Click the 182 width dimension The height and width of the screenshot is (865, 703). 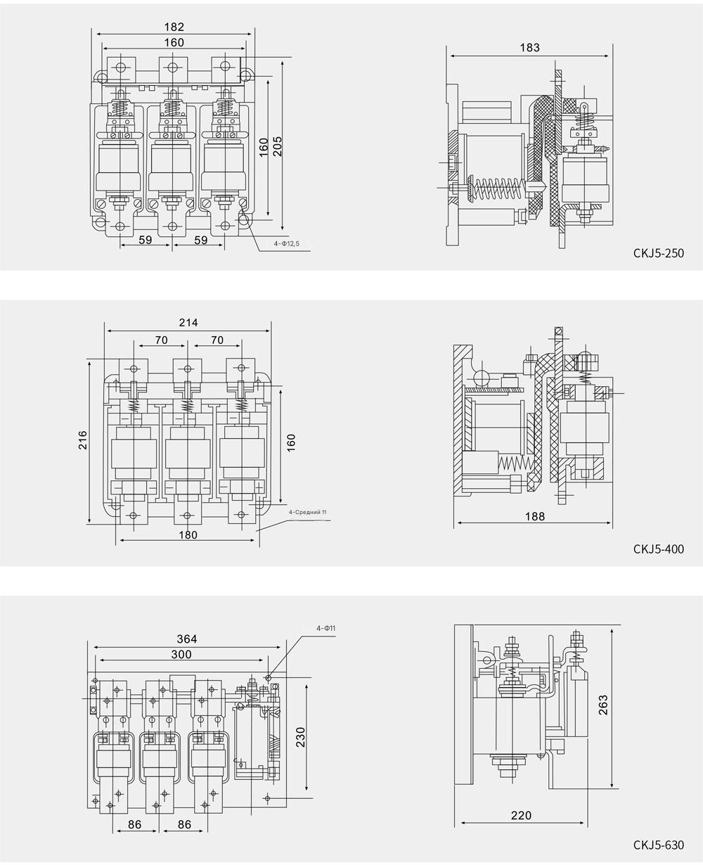(x=174, y=27)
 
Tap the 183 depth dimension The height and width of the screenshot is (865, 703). (x=530, y=47)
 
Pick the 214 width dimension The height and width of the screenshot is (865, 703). (x=188, y=322)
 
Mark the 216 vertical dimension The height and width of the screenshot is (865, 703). (x=82, y=441)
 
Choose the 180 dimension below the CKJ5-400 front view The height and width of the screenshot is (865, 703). (x=188, y=534)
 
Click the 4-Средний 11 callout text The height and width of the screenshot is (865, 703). (x=308, y=512)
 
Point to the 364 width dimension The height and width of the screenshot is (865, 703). (x=187, y=639)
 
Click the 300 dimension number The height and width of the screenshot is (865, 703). (x=181, y=654)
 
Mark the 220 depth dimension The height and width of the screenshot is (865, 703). (x=521, y=816)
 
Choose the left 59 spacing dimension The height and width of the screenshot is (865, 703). (x=146, y=239)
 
